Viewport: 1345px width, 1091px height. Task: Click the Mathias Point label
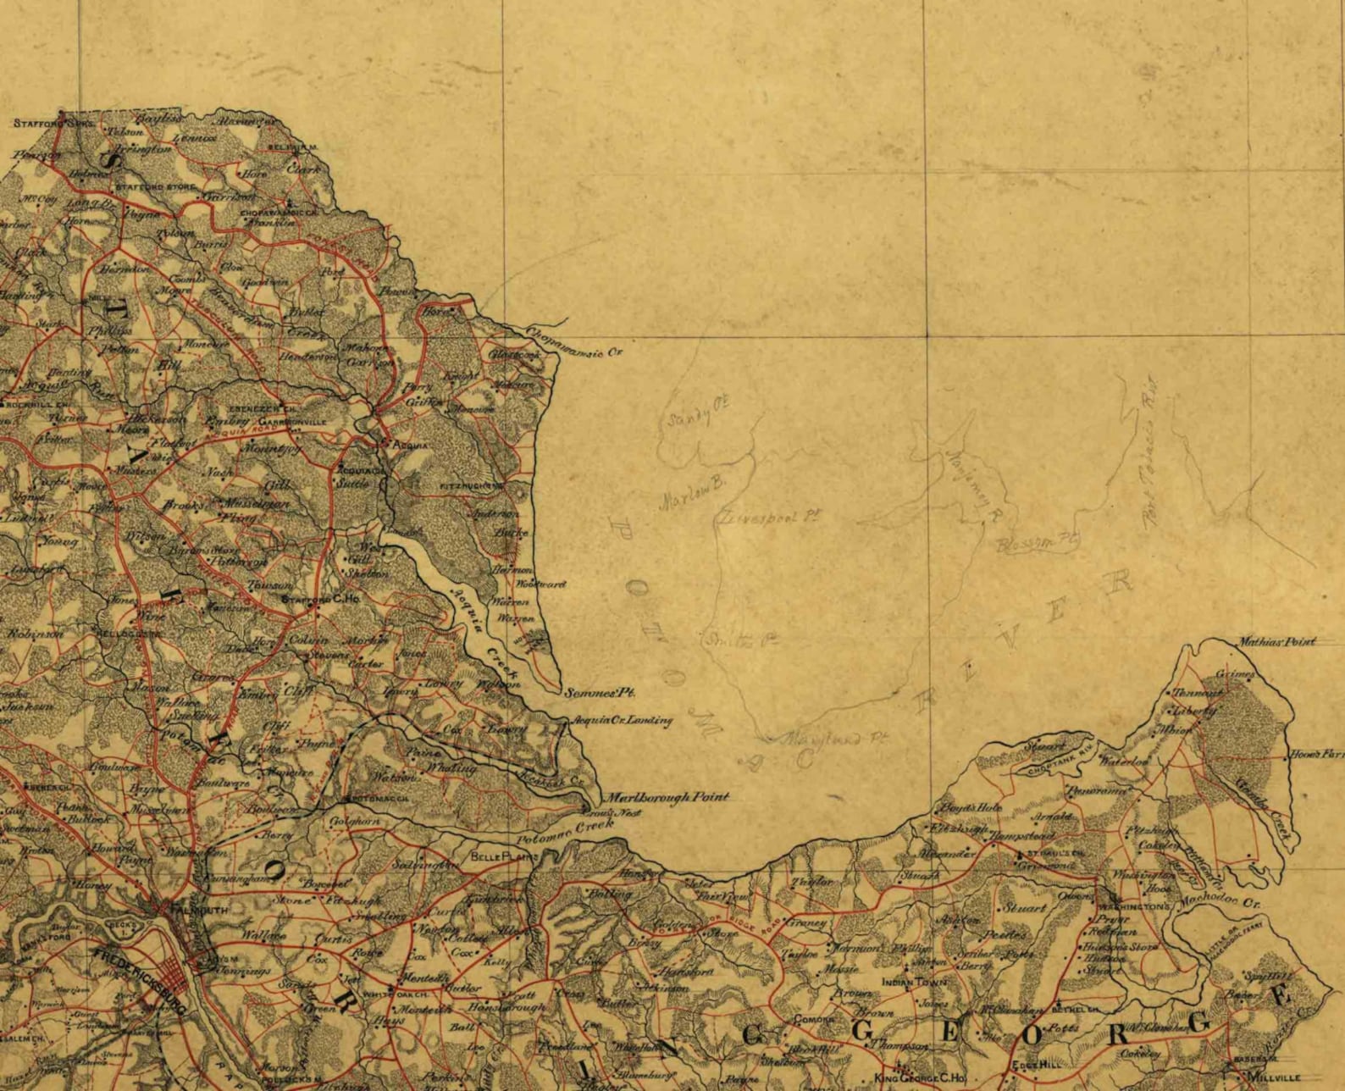click(x=1276, y=641)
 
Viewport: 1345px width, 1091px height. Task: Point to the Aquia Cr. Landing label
click(x=623, y=721)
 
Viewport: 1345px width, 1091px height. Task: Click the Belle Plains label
click(x=504, y=857)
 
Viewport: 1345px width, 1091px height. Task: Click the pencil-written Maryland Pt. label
click(x=833, y=739)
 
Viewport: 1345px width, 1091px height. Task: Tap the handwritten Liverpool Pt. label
click(x=769, y=518)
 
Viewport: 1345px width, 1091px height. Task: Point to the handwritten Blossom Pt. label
click(x=1038, y=542)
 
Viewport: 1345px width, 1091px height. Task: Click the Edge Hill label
click(x=1037, y=1065)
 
